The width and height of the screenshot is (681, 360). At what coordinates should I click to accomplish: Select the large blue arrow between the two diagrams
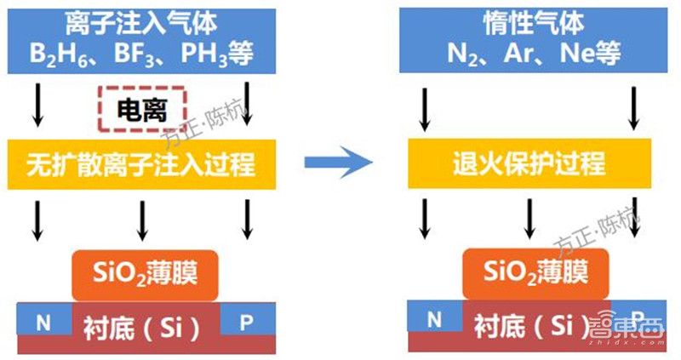(x=340, y=161)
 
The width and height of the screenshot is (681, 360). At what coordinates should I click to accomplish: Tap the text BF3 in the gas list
(x=139, y=54)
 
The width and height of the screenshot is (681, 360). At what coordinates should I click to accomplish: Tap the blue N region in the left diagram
(x=43, y=320)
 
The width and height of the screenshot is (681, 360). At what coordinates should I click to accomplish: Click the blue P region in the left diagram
(x=247, y=320)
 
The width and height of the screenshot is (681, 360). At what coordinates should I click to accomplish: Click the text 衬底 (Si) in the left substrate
(x=141, y=325)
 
